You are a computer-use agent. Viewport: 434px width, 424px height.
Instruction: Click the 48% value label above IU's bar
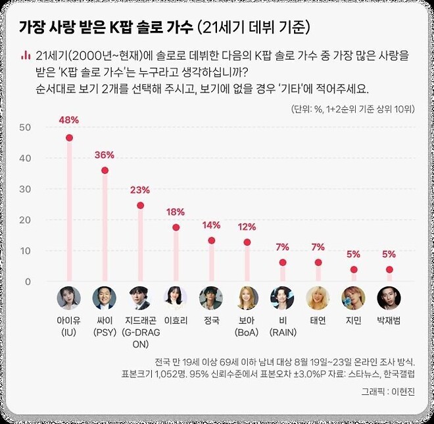tap(69, 120)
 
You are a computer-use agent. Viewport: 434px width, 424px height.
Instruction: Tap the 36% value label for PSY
tap(105, 155)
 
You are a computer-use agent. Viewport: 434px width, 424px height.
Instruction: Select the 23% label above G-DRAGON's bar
tap(140, 190)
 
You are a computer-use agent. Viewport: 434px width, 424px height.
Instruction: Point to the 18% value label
tap(176, 211)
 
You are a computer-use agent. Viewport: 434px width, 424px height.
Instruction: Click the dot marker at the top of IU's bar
tap(69, 138)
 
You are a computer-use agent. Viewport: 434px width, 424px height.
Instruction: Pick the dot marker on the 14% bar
tap(212, 240)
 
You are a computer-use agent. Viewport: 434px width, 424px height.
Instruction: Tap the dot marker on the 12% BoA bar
tap(247, 242)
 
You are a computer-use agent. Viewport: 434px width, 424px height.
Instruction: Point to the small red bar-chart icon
tap(25, 55)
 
